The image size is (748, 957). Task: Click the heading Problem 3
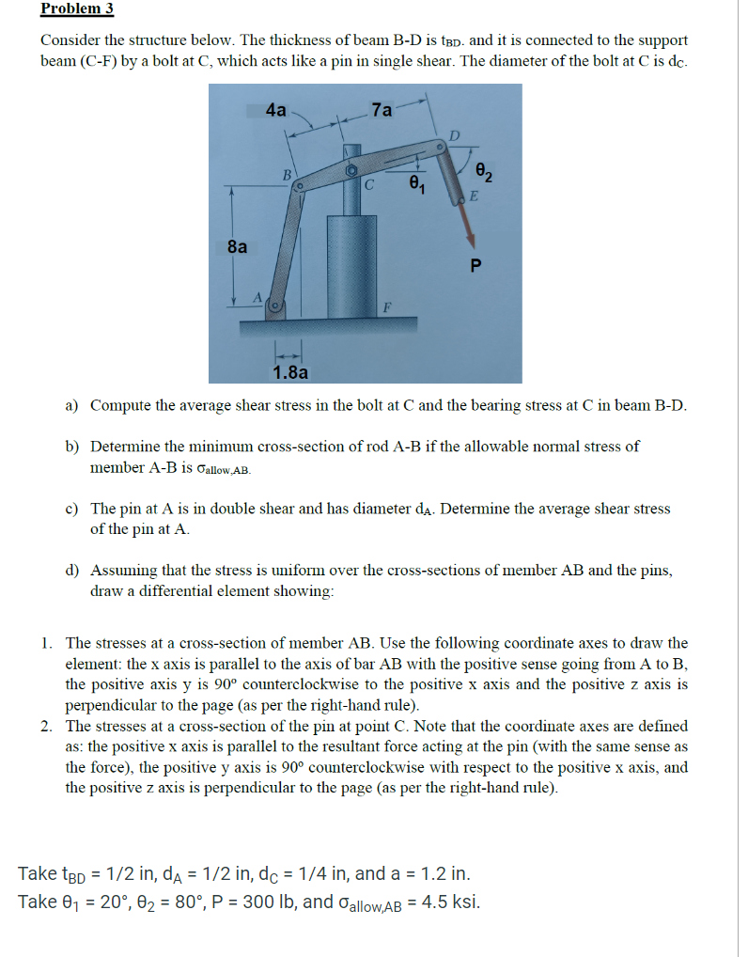point(76,8)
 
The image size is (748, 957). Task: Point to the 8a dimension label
point(239,247)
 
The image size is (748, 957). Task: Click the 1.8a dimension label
point(290,372)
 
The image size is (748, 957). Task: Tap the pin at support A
point(276,306)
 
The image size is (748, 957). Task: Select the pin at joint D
point(440,148)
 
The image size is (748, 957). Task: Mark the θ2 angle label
point(484,172)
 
